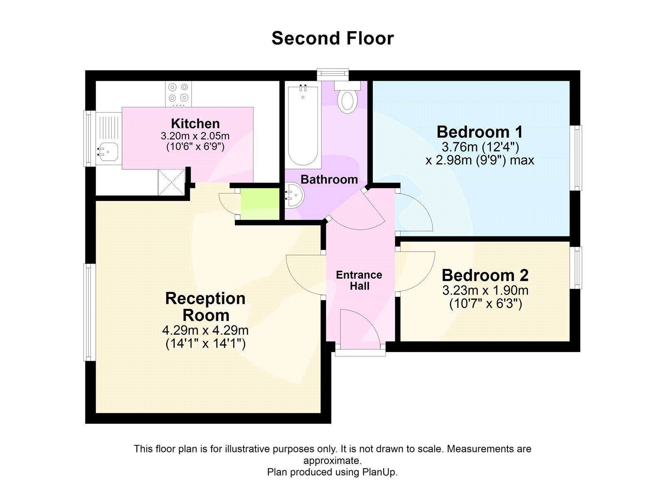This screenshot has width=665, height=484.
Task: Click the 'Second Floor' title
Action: (332, 38)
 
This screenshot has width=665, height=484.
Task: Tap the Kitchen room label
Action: (195, 123)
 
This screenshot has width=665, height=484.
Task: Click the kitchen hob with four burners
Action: (178, 94)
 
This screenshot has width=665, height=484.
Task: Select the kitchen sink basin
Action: (108, 151)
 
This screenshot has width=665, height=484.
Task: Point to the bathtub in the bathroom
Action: (303, 125)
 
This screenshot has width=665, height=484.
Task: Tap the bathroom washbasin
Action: (295, 195)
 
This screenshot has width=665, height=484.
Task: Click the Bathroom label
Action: (329, 179)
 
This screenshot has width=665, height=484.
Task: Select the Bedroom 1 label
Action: (480, 132)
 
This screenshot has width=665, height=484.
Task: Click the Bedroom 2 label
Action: (485, 276)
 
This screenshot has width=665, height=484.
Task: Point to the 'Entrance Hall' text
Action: (359, 280)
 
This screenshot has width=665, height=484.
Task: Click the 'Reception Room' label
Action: (205, 307)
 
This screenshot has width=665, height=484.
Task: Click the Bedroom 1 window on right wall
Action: (576, 158)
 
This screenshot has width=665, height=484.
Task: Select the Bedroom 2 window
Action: (576, 268)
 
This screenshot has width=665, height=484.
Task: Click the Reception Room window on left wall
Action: (89, 312)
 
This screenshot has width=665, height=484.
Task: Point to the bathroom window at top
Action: (333, 74)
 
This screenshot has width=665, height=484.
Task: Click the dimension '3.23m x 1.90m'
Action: (485, 290)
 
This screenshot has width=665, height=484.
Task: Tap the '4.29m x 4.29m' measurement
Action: (205, 330)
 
